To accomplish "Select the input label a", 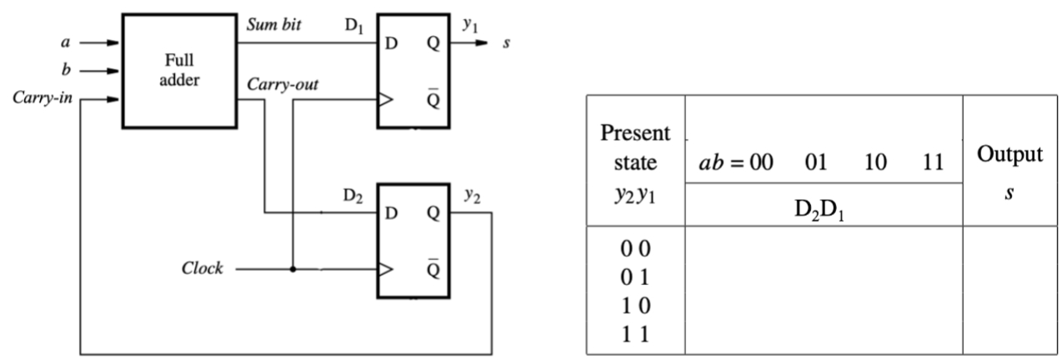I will coord(66,40).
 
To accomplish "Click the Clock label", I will coord(203,270).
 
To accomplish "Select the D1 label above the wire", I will coord(355,26).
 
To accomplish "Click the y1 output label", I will coord(470,26).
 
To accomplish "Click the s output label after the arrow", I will coord(506,41).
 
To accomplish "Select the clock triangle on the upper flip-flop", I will coord(385,99).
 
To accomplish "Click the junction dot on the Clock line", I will coord(293,270).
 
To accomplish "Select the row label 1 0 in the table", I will coord(635,306).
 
